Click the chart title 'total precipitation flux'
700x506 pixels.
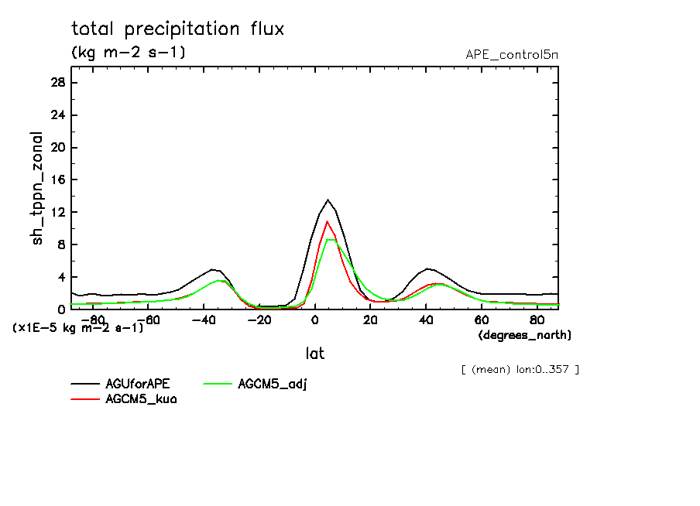[177, 29]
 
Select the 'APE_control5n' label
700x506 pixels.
[511, 54]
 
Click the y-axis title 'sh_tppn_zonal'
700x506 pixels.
[37, 187]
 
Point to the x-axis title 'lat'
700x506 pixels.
[314, 354]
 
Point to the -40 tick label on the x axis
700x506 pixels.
[203, 320]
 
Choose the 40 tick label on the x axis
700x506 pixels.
[426, 320]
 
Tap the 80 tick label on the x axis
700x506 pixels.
[537, 320]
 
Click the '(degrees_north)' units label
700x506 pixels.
[525, 335]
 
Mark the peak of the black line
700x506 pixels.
[328, 200]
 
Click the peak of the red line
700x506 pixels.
[328, 221]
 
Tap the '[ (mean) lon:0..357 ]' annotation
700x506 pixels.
[519, 369]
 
